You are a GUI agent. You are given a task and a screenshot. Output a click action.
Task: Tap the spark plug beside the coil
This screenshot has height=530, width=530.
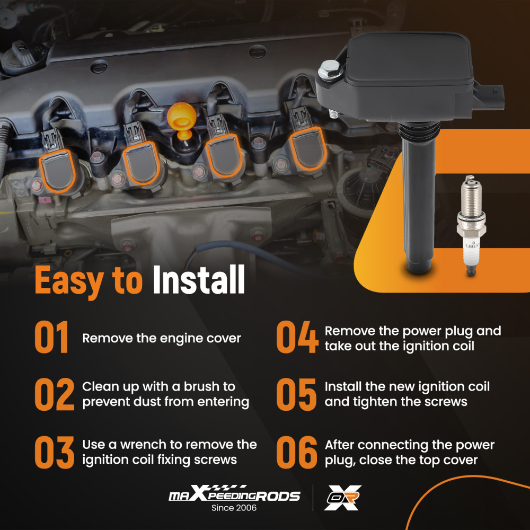coord(471,225)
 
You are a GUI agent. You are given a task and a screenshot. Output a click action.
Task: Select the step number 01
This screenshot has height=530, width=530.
coord(52,337)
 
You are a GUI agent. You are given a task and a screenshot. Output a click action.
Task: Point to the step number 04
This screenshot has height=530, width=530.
coord(297,337)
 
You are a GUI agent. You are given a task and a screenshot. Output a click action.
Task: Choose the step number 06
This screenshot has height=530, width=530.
coord(297,452)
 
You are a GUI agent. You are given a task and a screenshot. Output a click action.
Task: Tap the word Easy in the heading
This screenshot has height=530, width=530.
coord(69,281)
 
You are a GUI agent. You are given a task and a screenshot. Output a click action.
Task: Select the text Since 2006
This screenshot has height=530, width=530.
coord(234,508)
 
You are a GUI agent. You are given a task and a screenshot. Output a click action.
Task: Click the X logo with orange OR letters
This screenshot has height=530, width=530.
coord(342,498)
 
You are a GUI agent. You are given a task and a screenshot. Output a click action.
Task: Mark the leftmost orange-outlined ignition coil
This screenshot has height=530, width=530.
coord(57,171)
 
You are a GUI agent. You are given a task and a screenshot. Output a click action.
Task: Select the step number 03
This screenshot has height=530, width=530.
coord(55,452)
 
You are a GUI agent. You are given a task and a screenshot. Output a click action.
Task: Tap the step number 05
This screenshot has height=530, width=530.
coord(296,394)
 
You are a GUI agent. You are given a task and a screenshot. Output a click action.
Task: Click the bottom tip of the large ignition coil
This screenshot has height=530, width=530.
coord(419,271)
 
